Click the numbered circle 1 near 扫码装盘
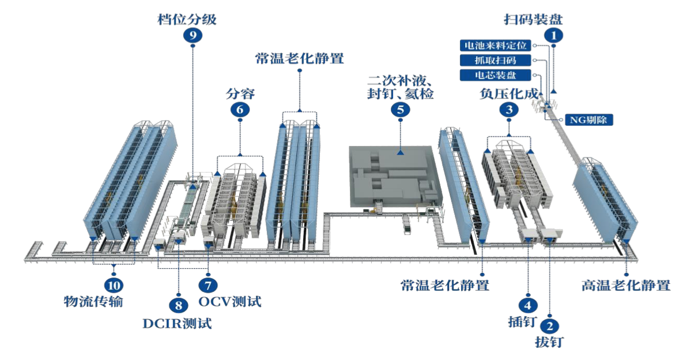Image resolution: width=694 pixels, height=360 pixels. tap(555, 35)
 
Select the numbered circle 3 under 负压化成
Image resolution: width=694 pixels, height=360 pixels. tap(508, 108)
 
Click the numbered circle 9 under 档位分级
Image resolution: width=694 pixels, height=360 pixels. tap(192, 35)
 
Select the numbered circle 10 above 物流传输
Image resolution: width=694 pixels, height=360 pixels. tap(114, 284)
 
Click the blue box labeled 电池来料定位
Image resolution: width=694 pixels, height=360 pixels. tap(496, 45)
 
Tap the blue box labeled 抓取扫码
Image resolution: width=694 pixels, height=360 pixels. tap(496, 60)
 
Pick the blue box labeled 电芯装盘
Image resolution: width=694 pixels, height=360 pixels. tap(496, 75)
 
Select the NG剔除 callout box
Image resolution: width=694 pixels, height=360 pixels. tap(588, 120)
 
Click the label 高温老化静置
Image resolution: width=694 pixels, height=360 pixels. tap(626, 286)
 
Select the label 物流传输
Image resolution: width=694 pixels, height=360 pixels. tap(93, 301)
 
